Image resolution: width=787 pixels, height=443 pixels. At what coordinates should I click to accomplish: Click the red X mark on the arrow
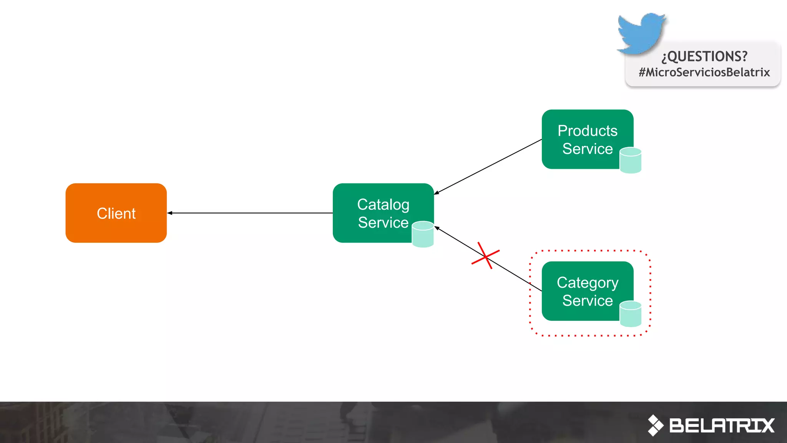click(485, 255)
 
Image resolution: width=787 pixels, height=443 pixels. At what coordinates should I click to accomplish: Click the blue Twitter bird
click(641, 33)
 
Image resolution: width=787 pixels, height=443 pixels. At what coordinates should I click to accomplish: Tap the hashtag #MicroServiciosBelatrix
click(704, 72)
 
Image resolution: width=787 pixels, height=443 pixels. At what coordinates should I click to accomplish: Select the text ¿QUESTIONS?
click(704, 57)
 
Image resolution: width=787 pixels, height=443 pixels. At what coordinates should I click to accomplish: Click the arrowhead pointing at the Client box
click(169, 213)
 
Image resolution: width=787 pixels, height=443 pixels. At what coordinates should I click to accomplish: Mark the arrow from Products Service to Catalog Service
click(488, 166)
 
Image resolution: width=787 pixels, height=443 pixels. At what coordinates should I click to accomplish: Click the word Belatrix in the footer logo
click(722, 426)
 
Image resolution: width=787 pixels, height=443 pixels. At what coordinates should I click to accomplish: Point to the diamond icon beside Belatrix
click(655, 425)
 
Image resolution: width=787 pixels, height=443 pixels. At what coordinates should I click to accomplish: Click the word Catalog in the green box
click(383, 205)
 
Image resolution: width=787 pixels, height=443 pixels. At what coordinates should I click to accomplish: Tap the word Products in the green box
click(588, 131)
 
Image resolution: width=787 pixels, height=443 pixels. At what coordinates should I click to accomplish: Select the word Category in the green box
click(588, 283)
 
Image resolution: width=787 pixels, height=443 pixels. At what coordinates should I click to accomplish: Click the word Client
click(116, 213)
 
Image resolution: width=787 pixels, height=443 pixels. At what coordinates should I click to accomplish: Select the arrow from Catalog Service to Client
click(250, 213)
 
